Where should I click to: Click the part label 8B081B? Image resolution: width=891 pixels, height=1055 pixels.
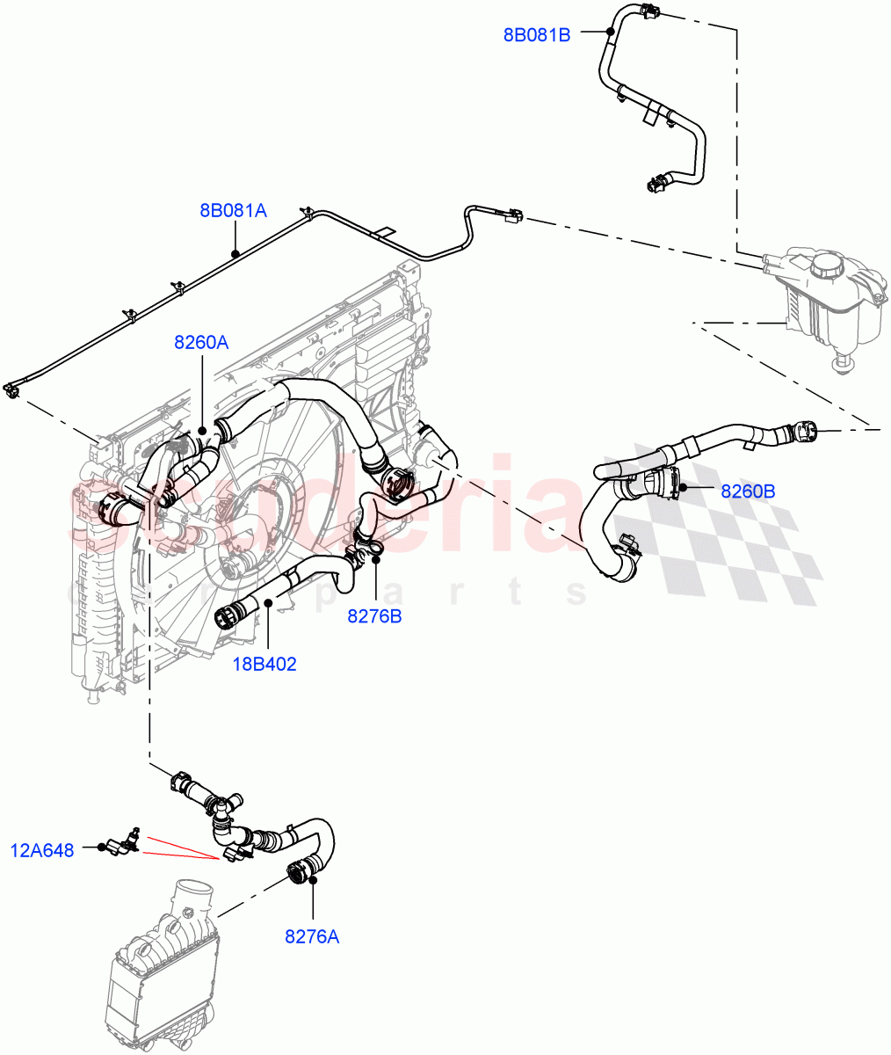pos(536,35)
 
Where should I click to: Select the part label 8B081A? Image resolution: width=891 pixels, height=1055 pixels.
pos(233,211)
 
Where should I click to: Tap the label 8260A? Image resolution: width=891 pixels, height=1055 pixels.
pos(201,343)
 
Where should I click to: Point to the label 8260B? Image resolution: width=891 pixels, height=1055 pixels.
pos(748,491)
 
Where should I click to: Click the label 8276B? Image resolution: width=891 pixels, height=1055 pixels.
pos(374,615)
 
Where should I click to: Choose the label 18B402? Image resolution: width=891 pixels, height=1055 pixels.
pos(264,664)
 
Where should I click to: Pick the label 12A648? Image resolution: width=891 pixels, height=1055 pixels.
pos(42,850)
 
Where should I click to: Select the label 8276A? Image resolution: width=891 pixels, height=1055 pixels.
pos(311,936)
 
